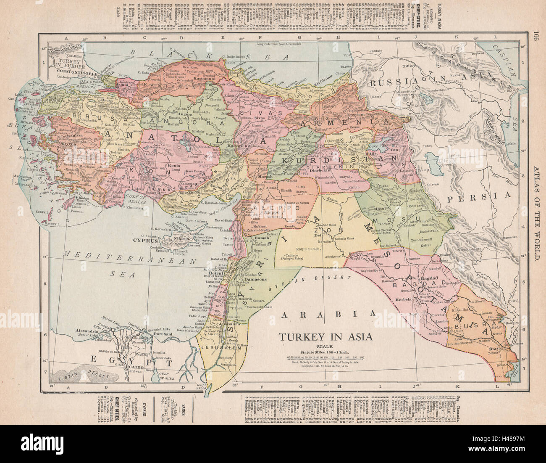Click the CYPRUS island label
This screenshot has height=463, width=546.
[x=144, y=241]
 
